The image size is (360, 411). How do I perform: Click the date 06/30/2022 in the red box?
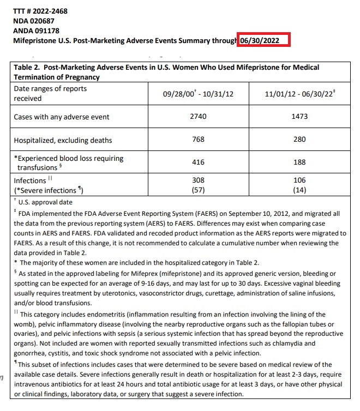point(263,40)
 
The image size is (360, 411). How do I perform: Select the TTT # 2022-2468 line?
point(37,11)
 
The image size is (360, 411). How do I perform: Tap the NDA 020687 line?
point(34,21)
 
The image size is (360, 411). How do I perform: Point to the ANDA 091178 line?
point(36,31)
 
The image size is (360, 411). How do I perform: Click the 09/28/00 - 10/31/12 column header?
point(199,94)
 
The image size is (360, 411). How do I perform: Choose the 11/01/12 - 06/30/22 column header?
point(299,94)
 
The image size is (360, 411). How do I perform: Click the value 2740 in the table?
point(199,117)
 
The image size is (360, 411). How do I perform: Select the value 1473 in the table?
point(299,117)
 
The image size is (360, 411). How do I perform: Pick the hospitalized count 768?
point(199,140)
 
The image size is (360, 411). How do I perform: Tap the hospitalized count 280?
point(299,140)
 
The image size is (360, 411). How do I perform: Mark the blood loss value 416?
point(199,162)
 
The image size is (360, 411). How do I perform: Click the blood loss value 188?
point(299,162)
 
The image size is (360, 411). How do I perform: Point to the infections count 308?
point(199,180)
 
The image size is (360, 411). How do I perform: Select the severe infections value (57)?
point(199,190)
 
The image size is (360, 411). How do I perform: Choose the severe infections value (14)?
point(299,190)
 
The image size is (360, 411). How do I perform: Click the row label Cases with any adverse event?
point(62,117)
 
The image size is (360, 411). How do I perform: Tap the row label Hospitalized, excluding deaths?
point(63,140)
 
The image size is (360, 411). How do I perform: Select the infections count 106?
point(299,180)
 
